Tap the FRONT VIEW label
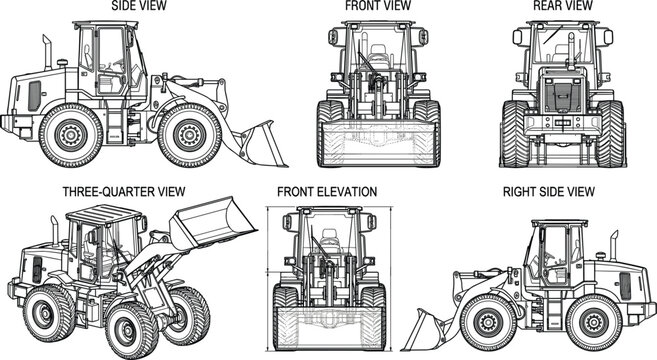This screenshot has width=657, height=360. click(377, 6)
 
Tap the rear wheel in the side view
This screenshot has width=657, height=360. click(71, 134)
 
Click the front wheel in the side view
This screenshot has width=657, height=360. click(189, 134)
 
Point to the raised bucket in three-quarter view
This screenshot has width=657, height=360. click(206, 231)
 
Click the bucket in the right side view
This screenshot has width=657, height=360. click(426, 326)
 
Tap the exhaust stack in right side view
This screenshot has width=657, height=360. click(614, 246)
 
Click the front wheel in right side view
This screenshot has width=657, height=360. click(489, 321)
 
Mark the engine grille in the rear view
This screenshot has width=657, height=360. click(563, 96)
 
